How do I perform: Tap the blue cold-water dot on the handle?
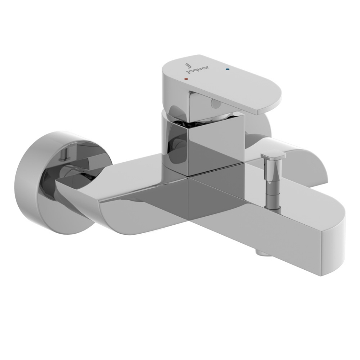(x=227, y=69)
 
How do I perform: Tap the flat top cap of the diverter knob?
(x=273, y=154)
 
